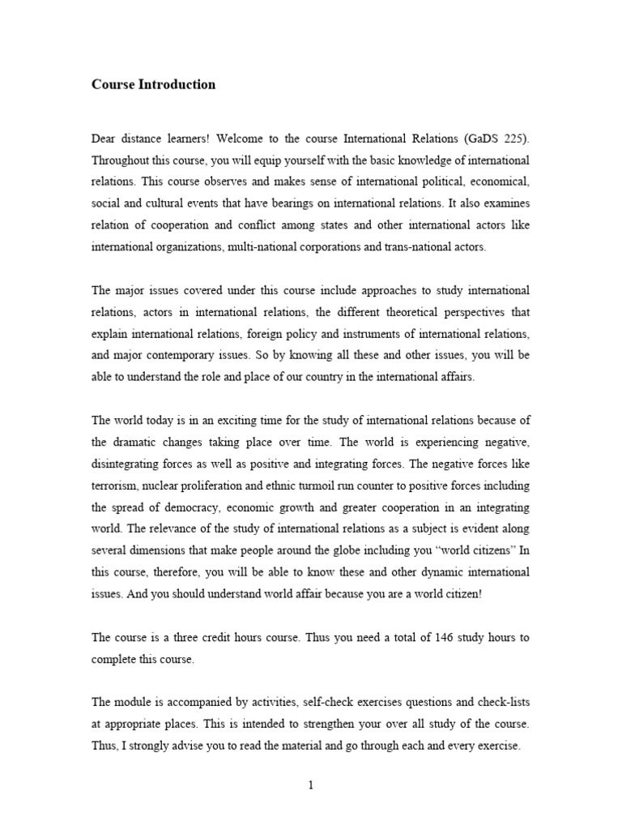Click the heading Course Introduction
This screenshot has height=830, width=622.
click(x=154, y=84)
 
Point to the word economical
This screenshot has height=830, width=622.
click(x=496, y=182)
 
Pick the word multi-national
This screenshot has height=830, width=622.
click(x=248, y=247)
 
